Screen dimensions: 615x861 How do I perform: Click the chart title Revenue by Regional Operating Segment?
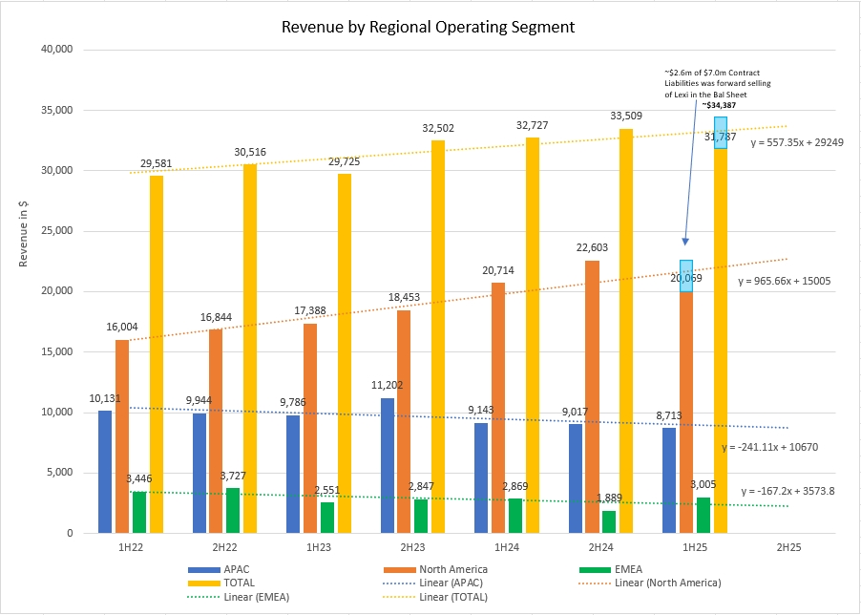[429, 27]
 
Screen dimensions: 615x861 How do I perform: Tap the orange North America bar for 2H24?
[591, 396]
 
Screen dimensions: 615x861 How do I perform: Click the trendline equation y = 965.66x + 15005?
[785, 282]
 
